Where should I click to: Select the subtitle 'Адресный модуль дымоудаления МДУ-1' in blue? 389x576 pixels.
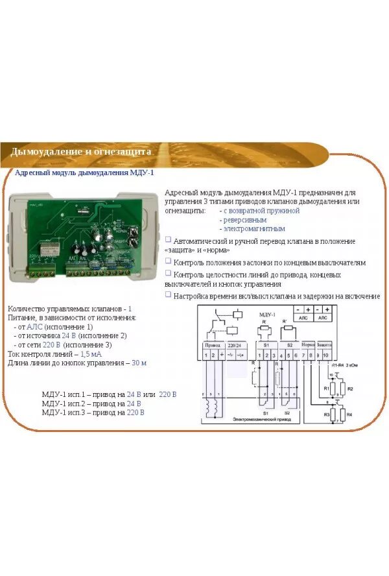tap(84, 173)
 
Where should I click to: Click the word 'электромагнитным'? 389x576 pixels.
tap(254, 229)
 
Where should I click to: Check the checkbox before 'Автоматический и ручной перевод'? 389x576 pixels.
tap(169, 240)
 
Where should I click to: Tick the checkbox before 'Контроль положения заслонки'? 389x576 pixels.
tap(169, 262)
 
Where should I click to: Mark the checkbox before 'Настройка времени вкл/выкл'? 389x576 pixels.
tap(169, 294)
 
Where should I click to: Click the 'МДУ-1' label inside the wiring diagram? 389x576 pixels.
tap(267, 314)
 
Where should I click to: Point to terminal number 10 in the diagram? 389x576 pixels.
tap(326, 355)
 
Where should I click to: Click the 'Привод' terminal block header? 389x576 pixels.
tap(212, 344)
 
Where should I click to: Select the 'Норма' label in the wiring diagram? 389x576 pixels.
tap(308, 344)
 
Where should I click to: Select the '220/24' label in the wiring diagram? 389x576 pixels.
tap(235, 344)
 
